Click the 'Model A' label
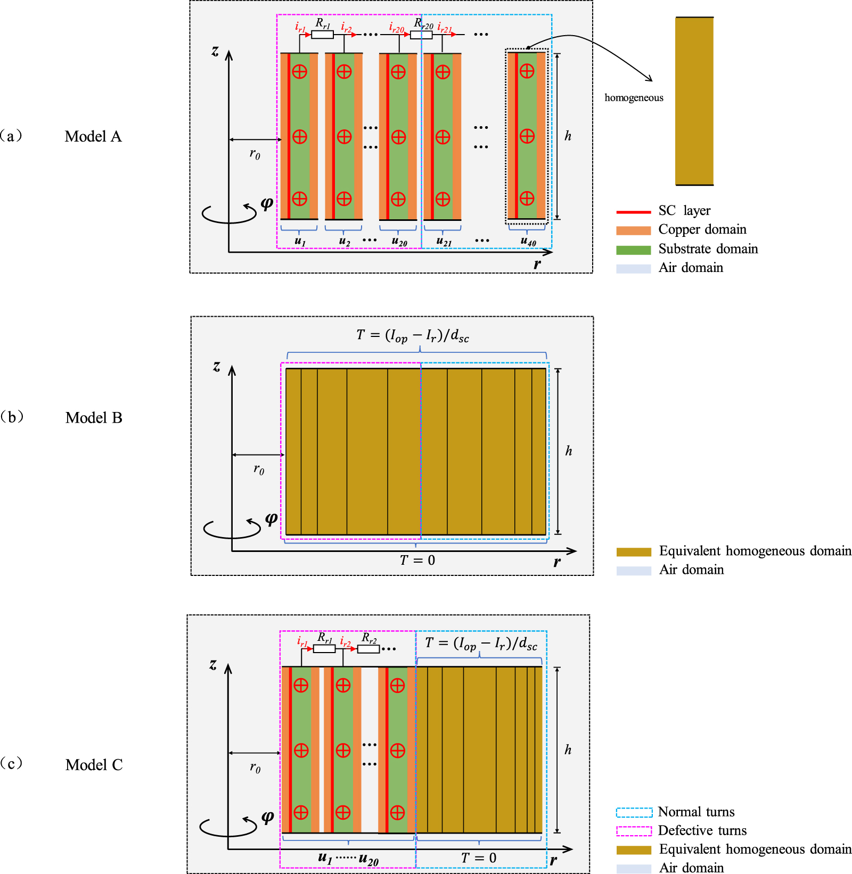[93, 137]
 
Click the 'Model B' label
[94, 418]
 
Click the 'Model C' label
[94, 765]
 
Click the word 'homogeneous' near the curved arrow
[634, 97]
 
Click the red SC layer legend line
[633, 212]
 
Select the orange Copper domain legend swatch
[633, 230]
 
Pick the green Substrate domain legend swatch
[633, 250]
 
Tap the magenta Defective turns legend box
[634, 831]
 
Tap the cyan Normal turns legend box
[634, 812]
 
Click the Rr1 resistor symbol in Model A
[322, 35]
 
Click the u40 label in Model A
[528, 242]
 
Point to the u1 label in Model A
[300, 242]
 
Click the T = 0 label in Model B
[417, 560]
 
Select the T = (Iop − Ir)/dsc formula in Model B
[413, 335]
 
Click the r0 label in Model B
[259, 469]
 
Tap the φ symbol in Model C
[268, 817]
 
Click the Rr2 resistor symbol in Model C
[368, 649]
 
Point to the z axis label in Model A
[215, 51]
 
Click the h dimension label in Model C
[568, 750]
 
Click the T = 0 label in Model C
[479, 858]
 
